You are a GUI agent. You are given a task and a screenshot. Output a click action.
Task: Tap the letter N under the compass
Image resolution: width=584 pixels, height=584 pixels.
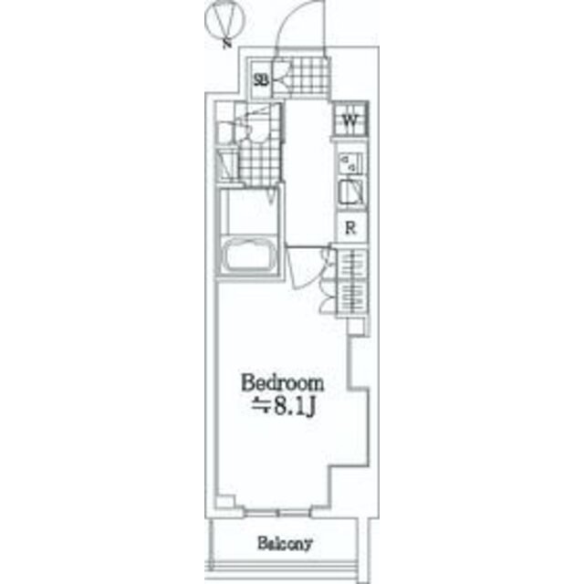(x=226, y=45)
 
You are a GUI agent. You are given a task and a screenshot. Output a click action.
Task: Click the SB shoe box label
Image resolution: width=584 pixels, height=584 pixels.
(x=261, y=79)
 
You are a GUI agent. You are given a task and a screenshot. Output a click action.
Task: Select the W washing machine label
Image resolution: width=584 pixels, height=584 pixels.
(x=349, y=120)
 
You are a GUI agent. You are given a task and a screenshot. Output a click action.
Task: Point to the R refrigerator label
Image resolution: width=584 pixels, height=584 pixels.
(x=350, y=227)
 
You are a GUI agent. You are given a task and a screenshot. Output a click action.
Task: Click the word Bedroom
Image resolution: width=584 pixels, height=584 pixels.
(x=283, y=383)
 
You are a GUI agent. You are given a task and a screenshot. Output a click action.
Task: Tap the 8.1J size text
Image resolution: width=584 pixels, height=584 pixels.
(x=284, y=408)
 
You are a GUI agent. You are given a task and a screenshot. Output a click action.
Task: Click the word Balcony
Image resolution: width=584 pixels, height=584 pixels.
(x=285, y=544)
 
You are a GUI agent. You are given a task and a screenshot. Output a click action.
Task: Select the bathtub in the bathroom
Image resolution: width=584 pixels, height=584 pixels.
(x=248, y=255)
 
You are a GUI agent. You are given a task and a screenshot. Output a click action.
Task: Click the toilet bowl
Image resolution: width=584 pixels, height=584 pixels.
(x=257, y=130)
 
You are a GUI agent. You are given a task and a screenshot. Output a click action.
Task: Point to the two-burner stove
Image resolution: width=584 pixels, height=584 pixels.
(x=350, y=163)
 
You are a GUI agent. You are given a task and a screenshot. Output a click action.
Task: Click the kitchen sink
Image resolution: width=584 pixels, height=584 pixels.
(x=350, y=192)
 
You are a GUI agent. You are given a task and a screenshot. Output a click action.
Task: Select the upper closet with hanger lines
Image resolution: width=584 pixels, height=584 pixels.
(x=352, y=264)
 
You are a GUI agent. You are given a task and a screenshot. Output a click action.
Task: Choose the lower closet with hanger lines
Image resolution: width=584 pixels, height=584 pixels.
(x=352, y=297)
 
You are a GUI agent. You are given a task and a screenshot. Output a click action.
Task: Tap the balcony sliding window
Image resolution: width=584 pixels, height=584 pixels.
(x=277, y=512)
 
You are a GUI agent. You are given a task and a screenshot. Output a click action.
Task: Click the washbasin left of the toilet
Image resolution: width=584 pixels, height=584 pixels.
(x=224, y=133)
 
